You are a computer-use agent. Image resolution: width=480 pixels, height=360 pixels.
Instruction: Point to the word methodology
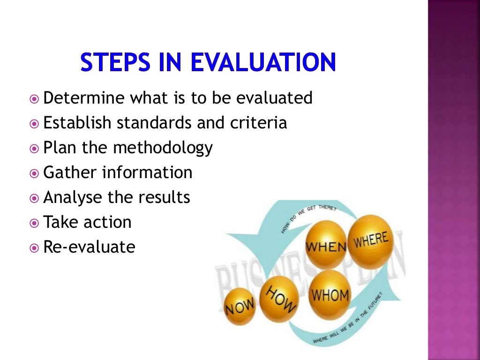pos(163,148)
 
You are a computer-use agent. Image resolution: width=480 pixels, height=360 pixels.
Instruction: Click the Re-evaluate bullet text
pos(89,247)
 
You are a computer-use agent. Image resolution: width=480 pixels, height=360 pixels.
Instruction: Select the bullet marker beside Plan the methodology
pos(34,149)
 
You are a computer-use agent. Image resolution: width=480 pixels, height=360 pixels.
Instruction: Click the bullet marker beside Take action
pos(34,223)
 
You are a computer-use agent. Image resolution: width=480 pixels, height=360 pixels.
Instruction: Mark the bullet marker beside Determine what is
pos(34,99)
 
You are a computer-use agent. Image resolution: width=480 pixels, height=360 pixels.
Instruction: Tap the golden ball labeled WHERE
pos(370,240)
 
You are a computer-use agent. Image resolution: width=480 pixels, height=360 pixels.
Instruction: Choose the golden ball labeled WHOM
pos(330,294)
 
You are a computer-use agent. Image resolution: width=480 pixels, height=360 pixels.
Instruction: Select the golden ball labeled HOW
pos(280,298)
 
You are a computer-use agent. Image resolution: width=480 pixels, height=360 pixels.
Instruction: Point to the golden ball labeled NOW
pos(240,307)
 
